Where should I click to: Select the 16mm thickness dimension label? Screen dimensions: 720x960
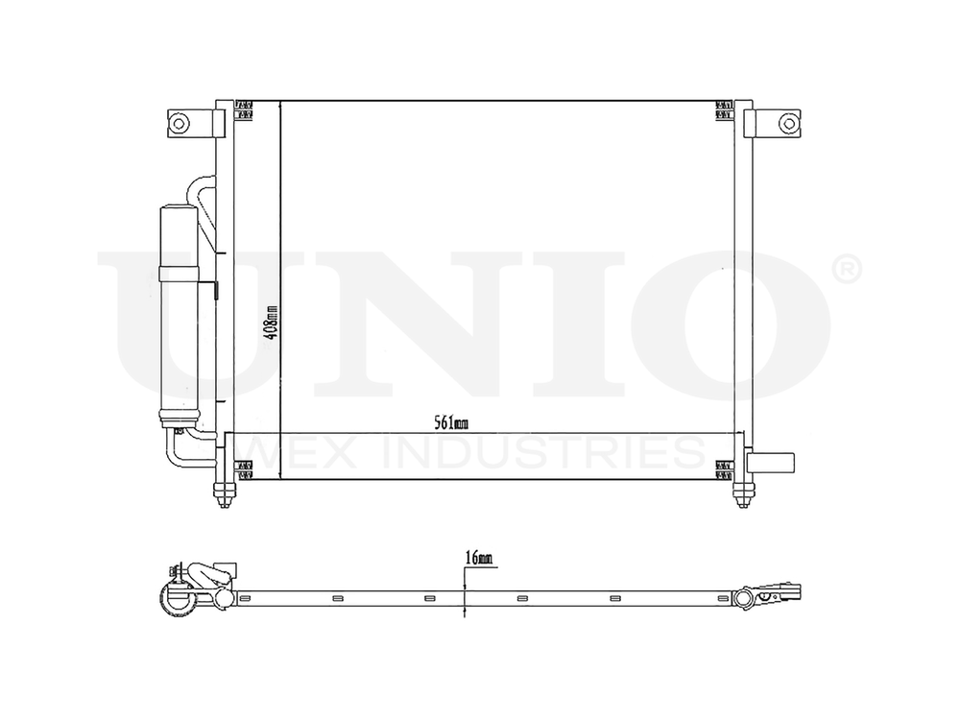pyautogui.click(x=477, y=558)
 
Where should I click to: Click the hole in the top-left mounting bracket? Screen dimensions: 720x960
pyautogui.click(x=179, y=122)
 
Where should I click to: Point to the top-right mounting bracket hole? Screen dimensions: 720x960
pyautogui.click(x=787, y=122)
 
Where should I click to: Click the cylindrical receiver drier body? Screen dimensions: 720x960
pyautogui.click(x=180, y=312)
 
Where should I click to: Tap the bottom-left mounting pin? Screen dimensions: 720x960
pyautogui.click(x=224, y=493)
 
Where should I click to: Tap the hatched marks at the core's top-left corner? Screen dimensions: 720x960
pyautogui.click(x=244, y=109)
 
